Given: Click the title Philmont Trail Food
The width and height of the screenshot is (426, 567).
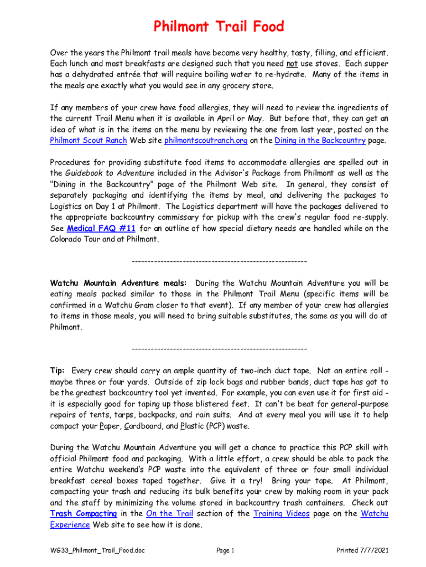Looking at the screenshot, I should point(219,27).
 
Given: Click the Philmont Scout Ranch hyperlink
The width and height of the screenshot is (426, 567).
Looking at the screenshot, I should point(89,141).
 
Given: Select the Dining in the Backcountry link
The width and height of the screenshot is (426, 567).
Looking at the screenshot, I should point(320,141).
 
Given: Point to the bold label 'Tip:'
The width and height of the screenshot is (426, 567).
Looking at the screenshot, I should point(58,371).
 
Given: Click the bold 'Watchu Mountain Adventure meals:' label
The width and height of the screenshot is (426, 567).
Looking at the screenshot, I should point(118,283).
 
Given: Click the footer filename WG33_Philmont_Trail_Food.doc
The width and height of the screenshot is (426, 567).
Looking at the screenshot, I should point(98,550).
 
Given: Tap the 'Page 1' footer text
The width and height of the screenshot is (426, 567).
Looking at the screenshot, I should point(226,550).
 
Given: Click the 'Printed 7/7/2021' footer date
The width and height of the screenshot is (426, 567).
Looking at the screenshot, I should point(362,550).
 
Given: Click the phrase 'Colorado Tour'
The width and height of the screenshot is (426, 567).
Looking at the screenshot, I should point(76,239).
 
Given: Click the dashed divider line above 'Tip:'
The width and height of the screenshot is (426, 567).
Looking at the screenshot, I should point(219,349).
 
